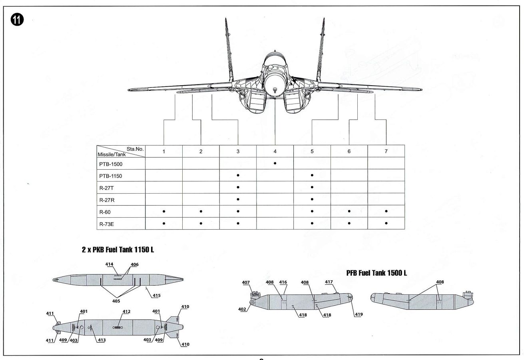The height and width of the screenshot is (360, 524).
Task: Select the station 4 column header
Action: (x=275, y=151)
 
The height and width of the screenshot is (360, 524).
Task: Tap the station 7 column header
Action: (x=386, y=151)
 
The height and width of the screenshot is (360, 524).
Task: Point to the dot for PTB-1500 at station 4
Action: (x=275, y=163)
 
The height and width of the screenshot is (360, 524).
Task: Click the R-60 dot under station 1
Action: (x=164, y=211)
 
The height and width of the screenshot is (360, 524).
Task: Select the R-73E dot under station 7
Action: (x=386, y=223)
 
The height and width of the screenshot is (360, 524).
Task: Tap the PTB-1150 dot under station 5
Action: (x=312, y=175)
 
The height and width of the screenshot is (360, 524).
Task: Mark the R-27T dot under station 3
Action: (x=238, y=187)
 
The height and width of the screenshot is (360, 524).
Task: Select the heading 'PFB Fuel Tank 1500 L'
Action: (x=377, y=273)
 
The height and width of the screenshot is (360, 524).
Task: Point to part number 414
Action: (x=110, y=264)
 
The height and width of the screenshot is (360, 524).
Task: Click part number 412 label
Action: (x=127, y=311)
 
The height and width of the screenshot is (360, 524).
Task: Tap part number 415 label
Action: (x=157, y=296)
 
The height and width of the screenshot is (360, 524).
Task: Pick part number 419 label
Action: (x=358, y=315)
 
